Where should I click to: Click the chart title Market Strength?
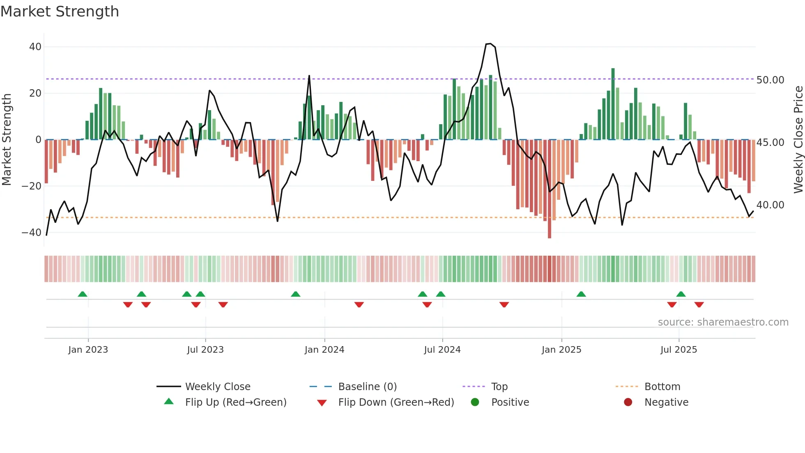[60, 12]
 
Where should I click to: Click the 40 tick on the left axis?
[35, 47]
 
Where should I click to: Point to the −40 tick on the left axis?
[32, 233]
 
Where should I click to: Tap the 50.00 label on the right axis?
[770, 80]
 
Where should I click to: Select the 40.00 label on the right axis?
[770, 205]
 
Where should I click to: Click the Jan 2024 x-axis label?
[324, 350]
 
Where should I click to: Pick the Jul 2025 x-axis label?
[678, 350]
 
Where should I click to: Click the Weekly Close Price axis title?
[798, 140]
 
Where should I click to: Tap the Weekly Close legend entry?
[217, 387]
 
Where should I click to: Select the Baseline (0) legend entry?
[367, 387]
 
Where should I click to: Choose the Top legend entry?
[499, 387]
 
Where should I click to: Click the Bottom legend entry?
[662, 387]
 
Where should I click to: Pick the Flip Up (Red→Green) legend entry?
[235, 402]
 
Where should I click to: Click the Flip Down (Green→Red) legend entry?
[396, 402]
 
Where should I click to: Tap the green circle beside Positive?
[475, 402]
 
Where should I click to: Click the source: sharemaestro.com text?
[723, 322]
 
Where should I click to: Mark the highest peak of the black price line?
[488, 44]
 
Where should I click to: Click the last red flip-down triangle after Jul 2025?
[699, 305]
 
